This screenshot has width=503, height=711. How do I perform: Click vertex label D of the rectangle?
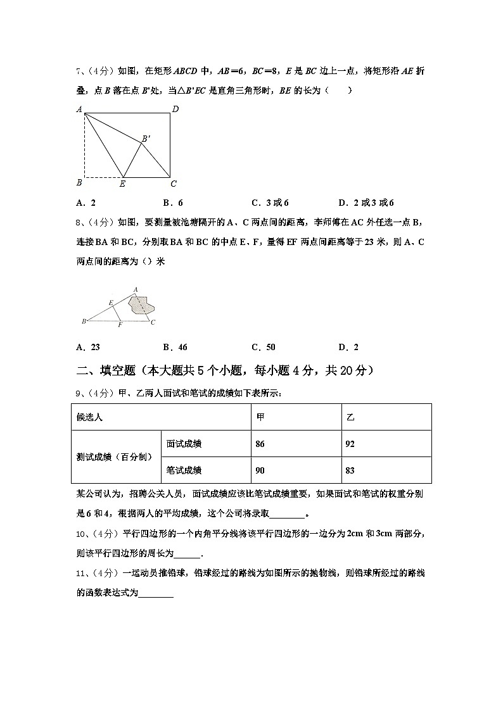(x=175, y=110)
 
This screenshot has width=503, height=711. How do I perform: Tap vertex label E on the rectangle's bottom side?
(x=122, y=184)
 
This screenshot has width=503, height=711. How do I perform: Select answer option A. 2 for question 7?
(x=86, y=203)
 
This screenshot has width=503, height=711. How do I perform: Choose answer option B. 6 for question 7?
(x=173, y=203)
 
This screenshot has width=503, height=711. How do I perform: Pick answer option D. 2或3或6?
(x=366, y=203)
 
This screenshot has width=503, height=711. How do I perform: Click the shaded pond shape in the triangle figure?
(x=141, y=305)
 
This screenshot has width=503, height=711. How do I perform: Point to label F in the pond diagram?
(x=120, y=325)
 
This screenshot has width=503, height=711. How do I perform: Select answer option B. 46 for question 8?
(x=175, y=347)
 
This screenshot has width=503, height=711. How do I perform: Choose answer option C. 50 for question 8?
(x=264, y=347)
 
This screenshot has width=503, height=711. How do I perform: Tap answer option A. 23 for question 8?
(x=88, y=347)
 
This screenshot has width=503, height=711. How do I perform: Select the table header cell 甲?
(x=260, y=417)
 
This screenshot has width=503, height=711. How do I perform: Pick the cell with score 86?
(x=260, y=444)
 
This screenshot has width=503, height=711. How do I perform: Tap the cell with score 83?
(x=350, y=470)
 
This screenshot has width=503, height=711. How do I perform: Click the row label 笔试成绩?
(x=184, y=470)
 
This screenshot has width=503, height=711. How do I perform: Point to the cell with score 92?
(x=350, y=444)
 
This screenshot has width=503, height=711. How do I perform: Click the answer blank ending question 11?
(x=156, y=594)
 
